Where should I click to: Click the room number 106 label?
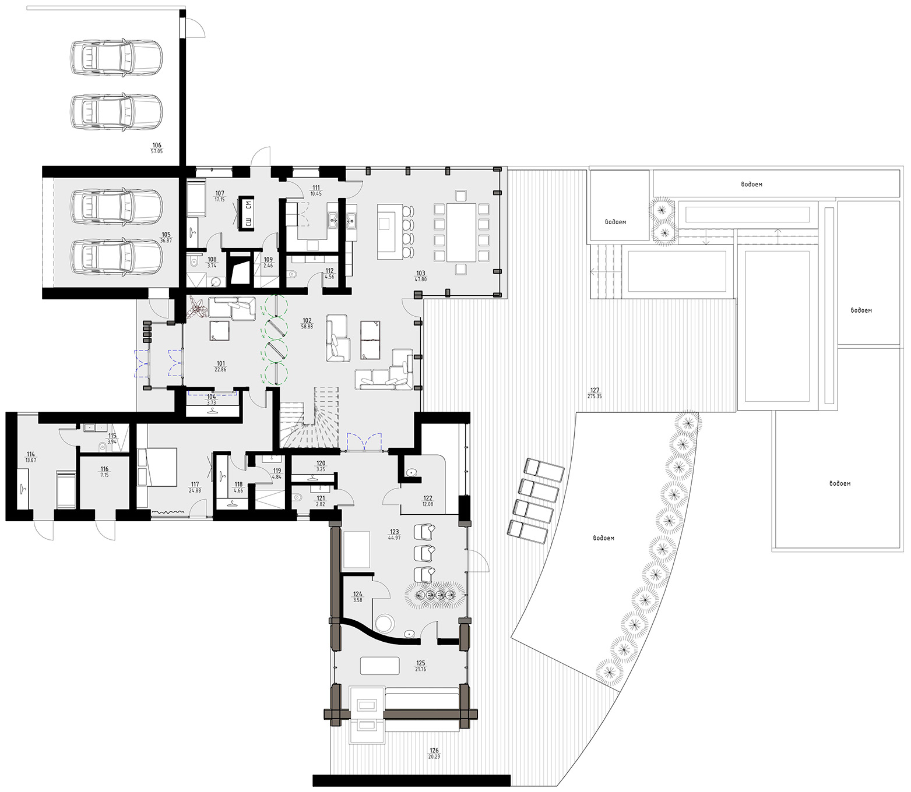[x=157, y=146]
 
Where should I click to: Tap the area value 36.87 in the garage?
[x=166, y=241]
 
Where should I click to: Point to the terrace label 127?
[x=595, y=390]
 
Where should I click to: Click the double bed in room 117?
[x=161, y=466]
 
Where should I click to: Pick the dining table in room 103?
[x=462, y=232]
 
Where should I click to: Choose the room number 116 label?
[x=105, y=469]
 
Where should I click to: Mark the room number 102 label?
[x=307, y=320]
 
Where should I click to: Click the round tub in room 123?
[x=384, y=623]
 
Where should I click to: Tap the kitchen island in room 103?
[x=386, y=232]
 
